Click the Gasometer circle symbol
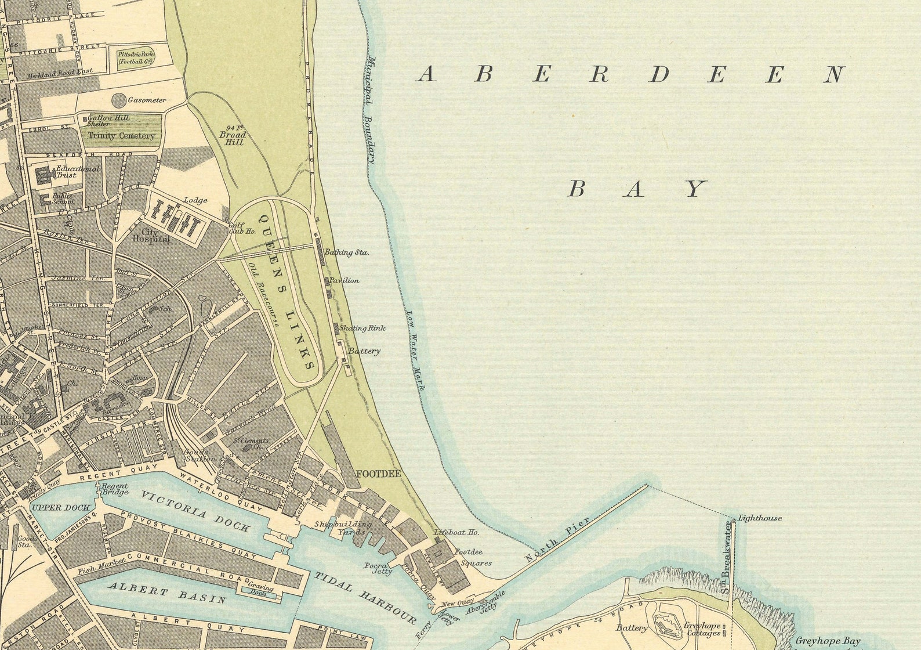click(118, 100)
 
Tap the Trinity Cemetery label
click(121, 135)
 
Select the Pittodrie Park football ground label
click(136, 57)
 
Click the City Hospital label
click(151, 234)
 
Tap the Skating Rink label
click(362, 328)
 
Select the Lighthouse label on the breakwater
click(760, 518)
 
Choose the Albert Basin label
click(167, 593)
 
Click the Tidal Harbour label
click(365, 597)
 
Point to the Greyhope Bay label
click(828, 641)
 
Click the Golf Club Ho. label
click(242, 228)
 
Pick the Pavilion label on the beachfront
click(344, 280)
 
